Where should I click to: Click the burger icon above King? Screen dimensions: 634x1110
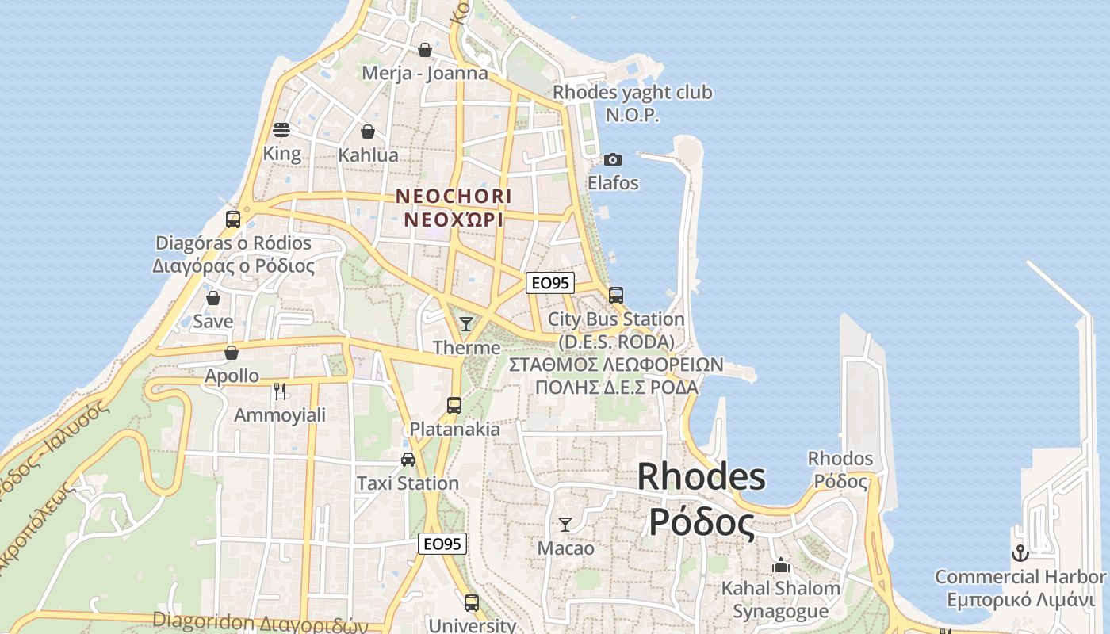[281, 129]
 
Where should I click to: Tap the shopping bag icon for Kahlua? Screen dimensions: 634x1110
[368, 132]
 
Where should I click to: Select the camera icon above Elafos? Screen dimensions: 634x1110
[612, 160]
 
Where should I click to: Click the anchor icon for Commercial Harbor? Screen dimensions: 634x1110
[1020, 552]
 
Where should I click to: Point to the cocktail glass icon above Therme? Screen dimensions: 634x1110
[466, 323]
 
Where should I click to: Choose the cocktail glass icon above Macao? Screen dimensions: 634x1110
[565, 524]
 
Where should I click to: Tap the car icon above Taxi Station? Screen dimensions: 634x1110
[408, 459]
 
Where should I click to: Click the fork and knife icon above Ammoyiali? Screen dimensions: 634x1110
[279, 391]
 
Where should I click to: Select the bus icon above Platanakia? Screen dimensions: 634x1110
[454, 405]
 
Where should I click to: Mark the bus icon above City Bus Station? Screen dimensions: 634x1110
[616, 296]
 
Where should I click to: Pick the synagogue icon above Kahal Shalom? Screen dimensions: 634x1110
[781, 565]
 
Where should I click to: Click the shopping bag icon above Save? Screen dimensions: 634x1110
[212, 298]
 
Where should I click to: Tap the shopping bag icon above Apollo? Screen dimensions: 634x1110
[232, 352]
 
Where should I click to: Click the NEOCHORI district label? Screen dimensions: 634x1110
[454, 195]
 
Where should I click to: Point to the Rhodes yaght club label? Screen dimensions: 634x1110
[632, 93]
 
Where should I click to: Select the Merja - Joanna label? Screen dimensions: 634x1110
[424, 73]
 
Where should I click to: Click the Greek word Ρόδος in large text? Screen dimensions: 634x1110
[701, 522]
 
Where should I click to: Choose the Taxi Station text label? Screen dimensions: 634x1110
[408, 483]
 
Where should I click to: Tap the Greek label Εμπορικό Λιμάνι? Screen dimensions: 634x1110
[1021, 599]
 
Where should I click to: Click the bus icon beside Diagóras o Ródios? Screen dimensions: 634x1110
[233, 220]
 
